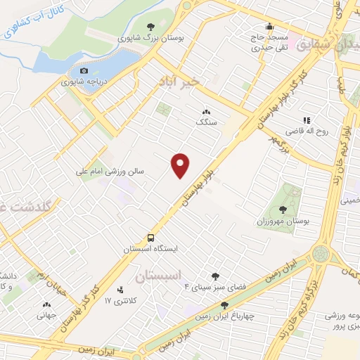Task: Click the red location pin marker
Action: tap(181, 165)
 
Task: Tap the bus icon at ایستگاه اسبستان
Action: tap(150, 238)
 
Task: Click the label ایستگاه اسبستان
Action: tap(151, 250)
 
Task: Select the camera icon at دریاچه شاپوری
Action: tap(84, 70)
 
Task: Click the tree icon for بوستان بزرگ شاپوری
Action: tap(149, 27)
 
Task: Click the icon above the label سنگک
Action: tap(207, 110)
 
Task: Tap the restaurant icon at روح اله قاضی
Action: tap(306, 120)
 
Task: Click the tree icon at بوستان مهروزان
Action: tap(283, 209)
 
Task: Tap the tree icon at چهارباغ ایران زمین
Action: tap(224, 305)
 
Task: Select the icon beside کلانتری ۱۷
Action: tap(120, 289)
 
